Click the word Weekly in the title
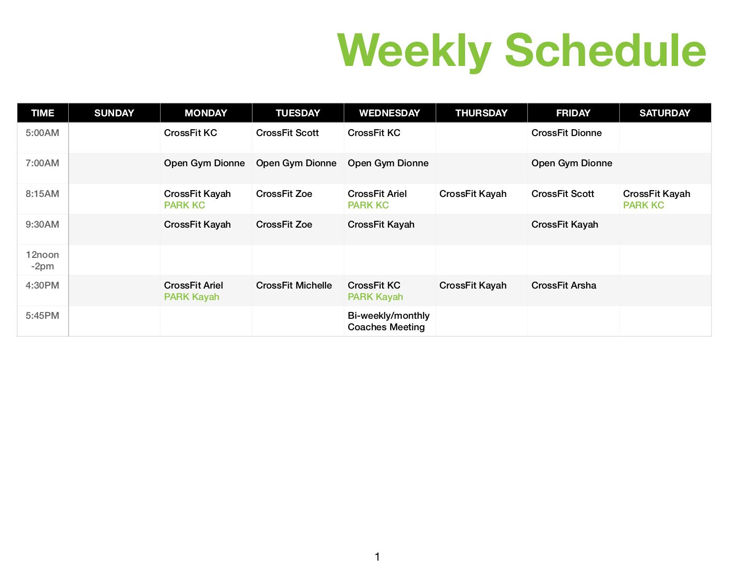414,51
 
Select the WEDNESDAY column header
389,113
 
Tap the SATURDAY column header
664,113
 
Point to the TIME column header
43,113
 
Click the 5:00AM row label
42,132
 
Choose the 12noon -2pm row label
43,260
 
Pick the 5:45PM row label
42,316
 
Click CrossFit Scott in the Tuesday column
287,132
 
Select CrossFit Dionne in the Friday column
566,132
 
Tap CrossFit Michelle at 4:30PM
294,285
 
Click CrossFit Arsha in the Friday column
564,285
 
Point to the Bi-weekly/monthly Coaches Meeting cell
388,321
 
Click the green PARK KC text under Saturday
643,205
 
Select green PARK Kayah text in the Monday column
192,297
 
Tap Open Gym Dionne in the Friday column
571,163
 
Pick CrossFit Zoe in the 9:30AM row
284,224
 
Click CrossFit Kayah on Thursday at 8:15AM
472,194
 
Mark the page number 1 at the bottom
377,557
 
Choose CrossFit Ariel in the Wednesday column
377,194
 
